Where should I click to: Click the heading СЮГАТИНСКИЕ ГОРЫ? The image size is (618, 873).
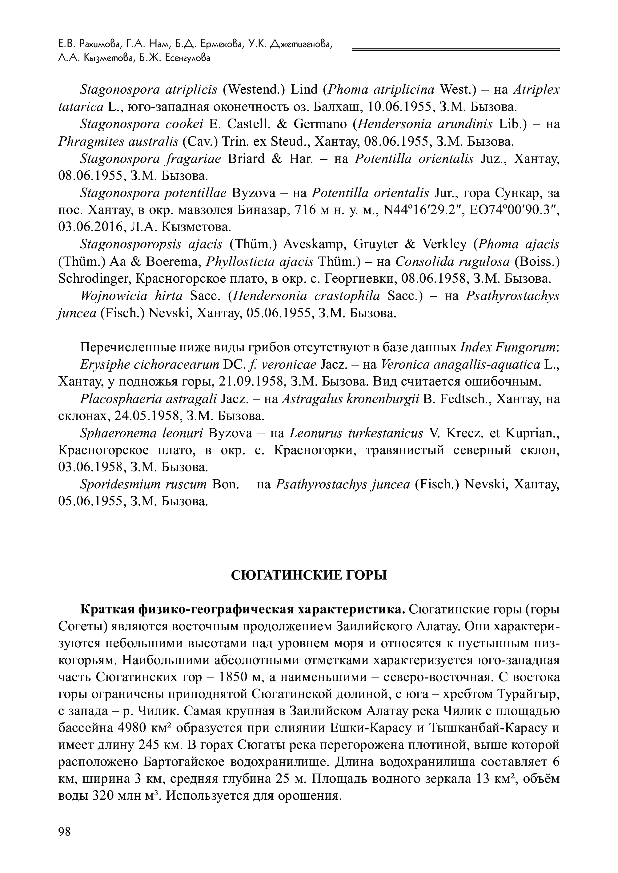click(x=309, y=575)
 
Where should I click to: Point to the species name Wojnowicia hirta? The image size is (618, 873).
click(x=131, y=296)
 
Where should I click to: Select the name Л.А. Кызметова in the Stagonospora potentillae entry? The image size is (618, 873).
click(x=196, y=227)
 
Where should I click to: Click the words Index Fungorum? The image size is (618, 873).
click(x=509, y=347)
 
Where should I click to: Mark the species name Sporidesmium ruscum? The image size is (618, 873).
click(x=143, y=484)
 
